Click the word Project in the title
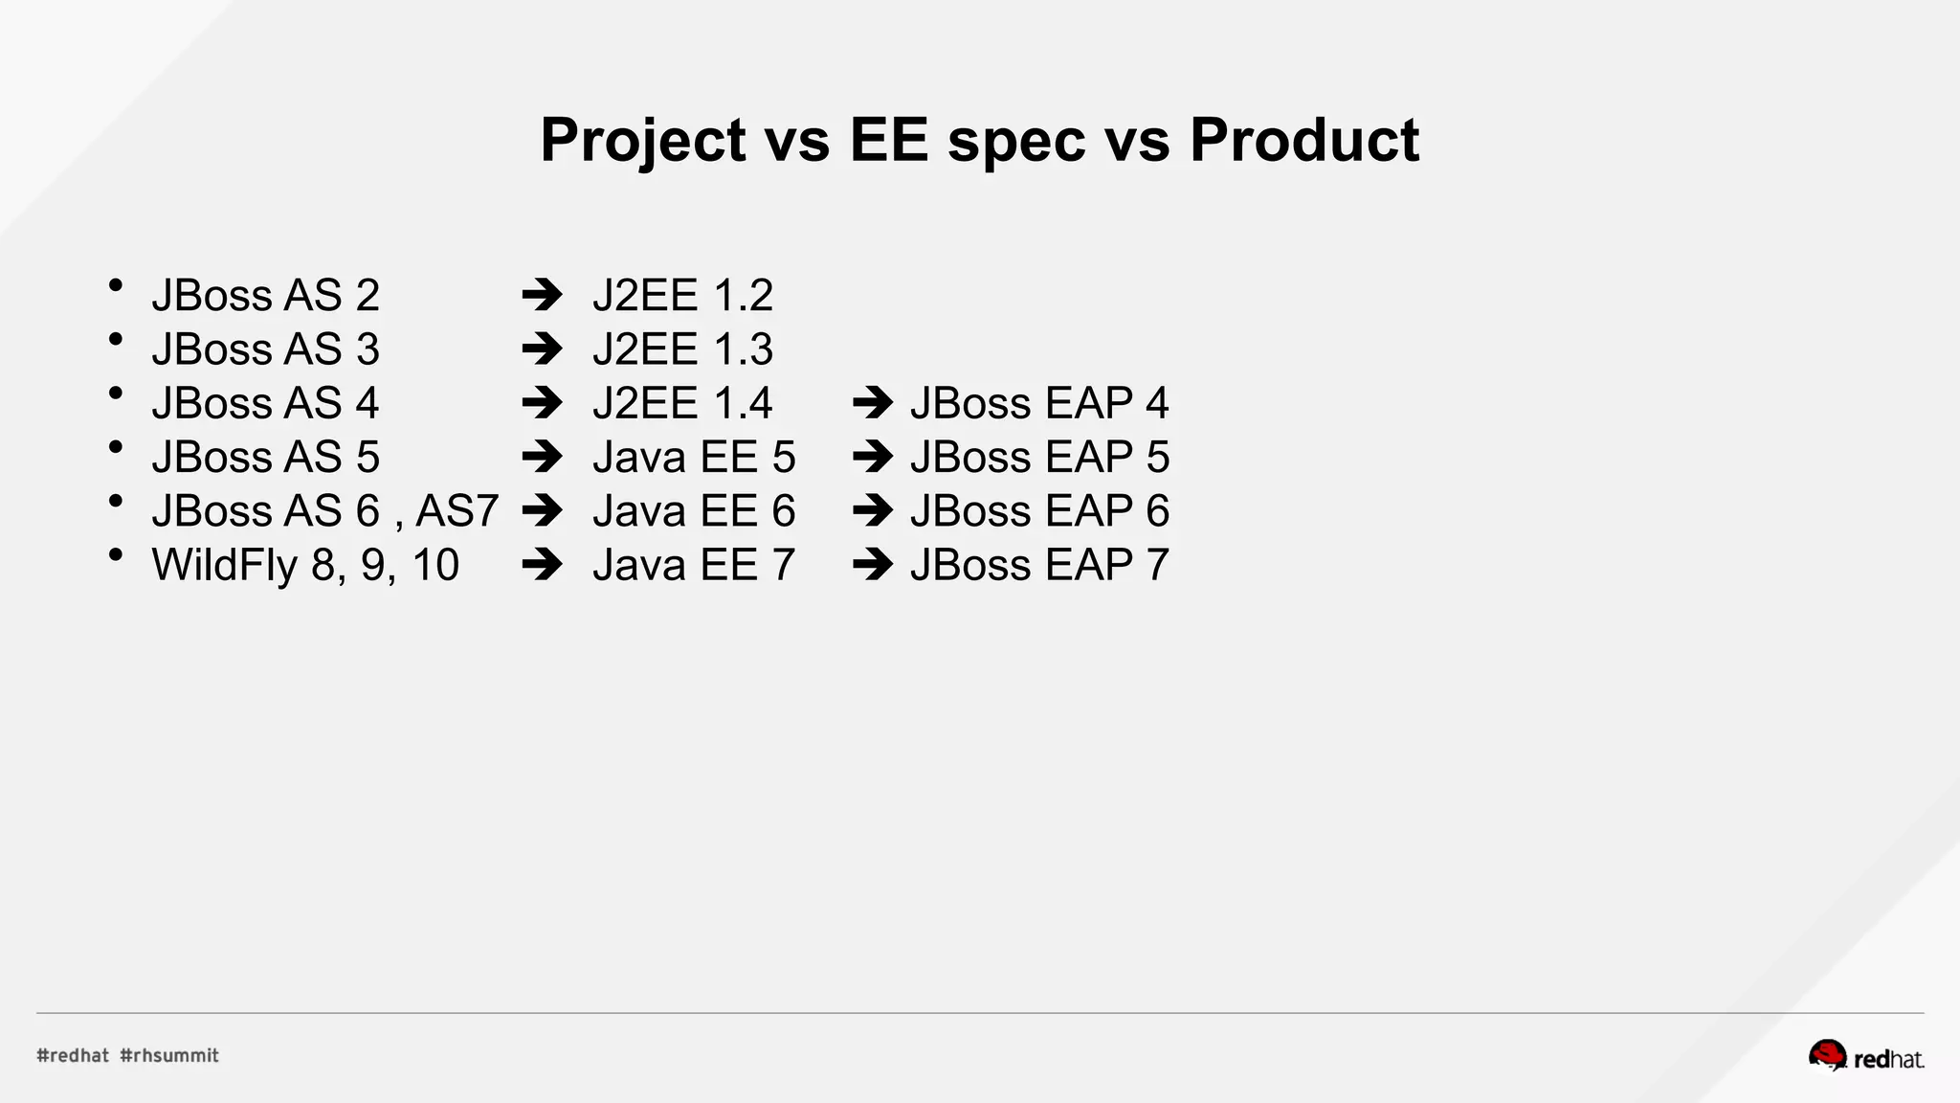642,141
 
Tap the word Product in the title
1303,141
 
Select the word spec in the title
1016,141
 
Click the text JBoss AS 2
265,295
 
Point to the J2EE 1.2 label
682,295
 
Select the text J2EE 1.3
682,349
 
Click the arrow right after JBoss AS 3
542,349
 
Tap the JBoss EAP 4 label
1039,403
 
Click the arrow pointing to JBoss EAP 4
872,403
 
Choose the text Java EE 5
694,458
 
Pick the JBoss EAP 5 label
1039,458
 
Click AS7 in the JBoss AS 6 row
457,511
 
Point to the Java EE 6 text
694,511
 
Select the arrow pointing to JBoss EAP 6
872,511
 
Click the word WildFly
225,565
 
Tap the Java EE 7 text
694,565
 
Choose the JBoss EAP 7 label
1039,565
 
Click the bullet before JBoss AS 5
116,446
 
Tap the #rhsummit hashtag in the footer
169,1055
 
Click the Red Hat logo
1865,1056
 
